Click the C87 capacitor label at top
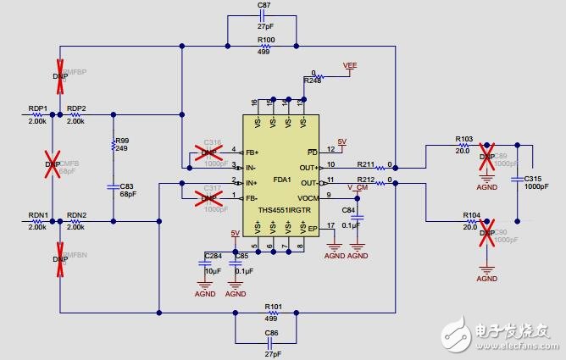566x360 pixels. click(264, 5)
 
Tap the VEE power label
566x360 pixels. click(350, 64)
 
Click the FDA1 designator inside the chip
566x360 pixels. click(281, 180)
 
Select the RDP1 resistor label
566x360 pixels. click(37, 109)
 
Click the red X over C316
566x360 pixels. click(205, 152)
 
